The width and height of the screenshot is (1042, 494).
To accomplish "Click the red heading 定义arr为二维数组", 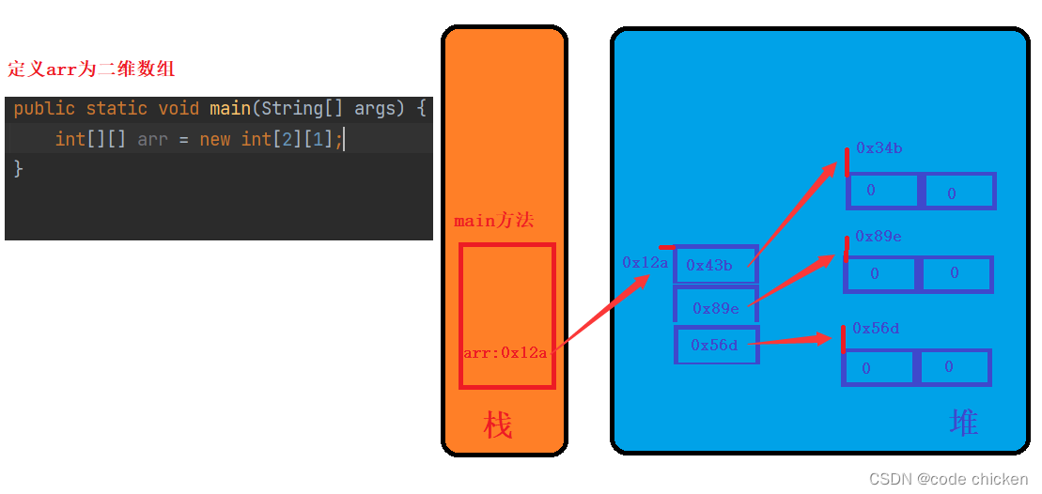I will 91,69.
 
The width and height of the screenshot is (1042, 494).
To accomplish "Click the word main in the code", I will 229,109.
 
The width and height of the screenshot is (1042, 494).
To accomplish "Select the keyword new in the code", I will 214,139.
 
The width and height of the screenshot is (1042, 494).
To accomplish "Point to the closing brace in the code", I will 19,169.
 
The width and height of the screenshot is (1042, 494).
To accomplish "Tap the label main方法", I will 493,222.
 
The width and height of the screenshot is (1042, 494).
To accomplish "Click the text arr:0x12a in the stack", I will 505,353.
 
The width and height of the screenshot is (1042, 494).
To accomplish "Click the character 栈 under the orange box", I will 498,425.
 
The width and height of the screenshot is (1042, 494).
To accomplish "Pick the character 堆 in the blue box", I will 964,423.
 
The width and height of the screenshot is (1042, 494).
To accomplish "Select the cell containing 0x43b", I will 715,265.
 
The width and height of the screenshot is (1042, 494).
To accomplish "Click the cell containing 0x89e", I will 715,307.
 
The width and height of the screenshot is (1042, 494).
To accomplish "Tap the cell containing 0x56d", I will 715,345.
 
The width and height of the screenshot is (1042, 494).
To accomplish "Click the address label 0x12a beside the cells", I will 645,263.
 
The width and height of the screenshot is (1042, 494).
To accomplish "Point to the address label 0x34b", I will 879,148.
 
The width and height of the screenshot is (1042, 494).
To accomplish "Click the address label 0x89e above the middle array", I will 878,237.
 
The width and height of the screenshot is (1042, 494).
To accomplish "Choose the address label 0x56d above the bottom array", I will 876,328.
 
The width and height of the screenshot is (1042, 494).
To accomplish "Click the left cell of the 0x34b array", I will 881,191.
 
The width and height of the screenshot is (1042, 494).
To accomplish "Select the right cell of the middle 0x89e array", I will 955,274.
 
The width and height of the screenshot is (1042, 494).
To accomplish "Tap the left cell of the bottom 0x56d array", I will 878,367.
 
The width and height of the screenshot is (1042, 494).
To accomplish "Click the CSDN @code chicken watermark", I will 949,479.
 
